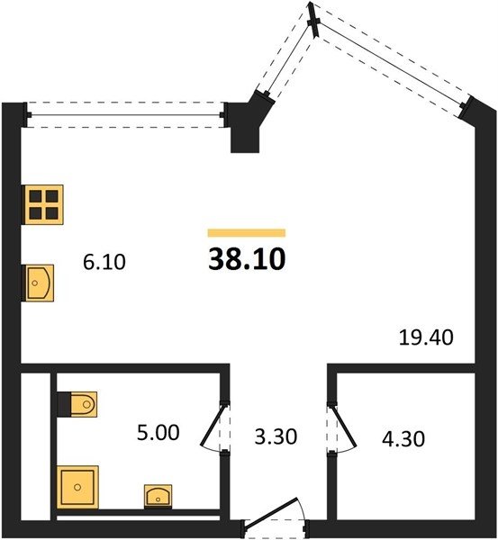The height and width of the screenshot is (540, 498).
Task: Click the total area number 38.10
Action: (x=247, y=259)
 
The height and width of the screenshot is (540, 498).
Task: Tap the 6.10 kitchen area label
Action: (x=104, y=262)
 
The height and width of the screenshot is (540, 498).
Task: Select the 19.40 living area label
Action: (x=426, y=337)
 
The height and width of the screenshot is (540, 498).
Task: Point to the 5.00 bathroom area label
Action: (x=158, y=433)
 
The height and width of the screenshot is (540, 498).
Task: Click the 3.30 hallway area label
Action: (x=276, y=437)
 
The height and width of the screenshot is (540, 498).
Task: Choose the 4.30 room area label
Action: (x=403, y=439)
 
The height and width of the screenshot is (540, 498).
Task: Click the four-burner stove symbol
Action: (x=42, y=204)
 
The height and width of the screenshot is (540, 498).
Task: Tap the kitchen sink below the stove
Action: (x=38, y=283)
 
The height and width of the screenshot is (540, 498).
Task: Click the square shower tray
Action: (x=77, y=487)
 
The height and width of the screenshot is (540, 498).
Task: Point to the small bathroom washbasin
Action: (x=158, y=496)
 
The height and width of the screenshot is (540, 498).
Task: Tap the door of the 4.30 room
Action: (x=341, y=427)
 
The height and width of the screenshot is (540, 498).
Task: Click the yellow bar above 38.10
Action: (x=247, y=233)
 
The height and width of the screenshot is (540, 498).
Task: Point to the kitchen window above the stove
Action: (x=125, y=115)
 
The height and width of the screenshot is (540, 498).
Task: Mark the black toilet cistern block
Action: (x=64, y=404)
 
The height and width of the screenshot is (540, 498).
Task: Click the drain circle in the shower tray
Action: (x=77, y=487)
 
